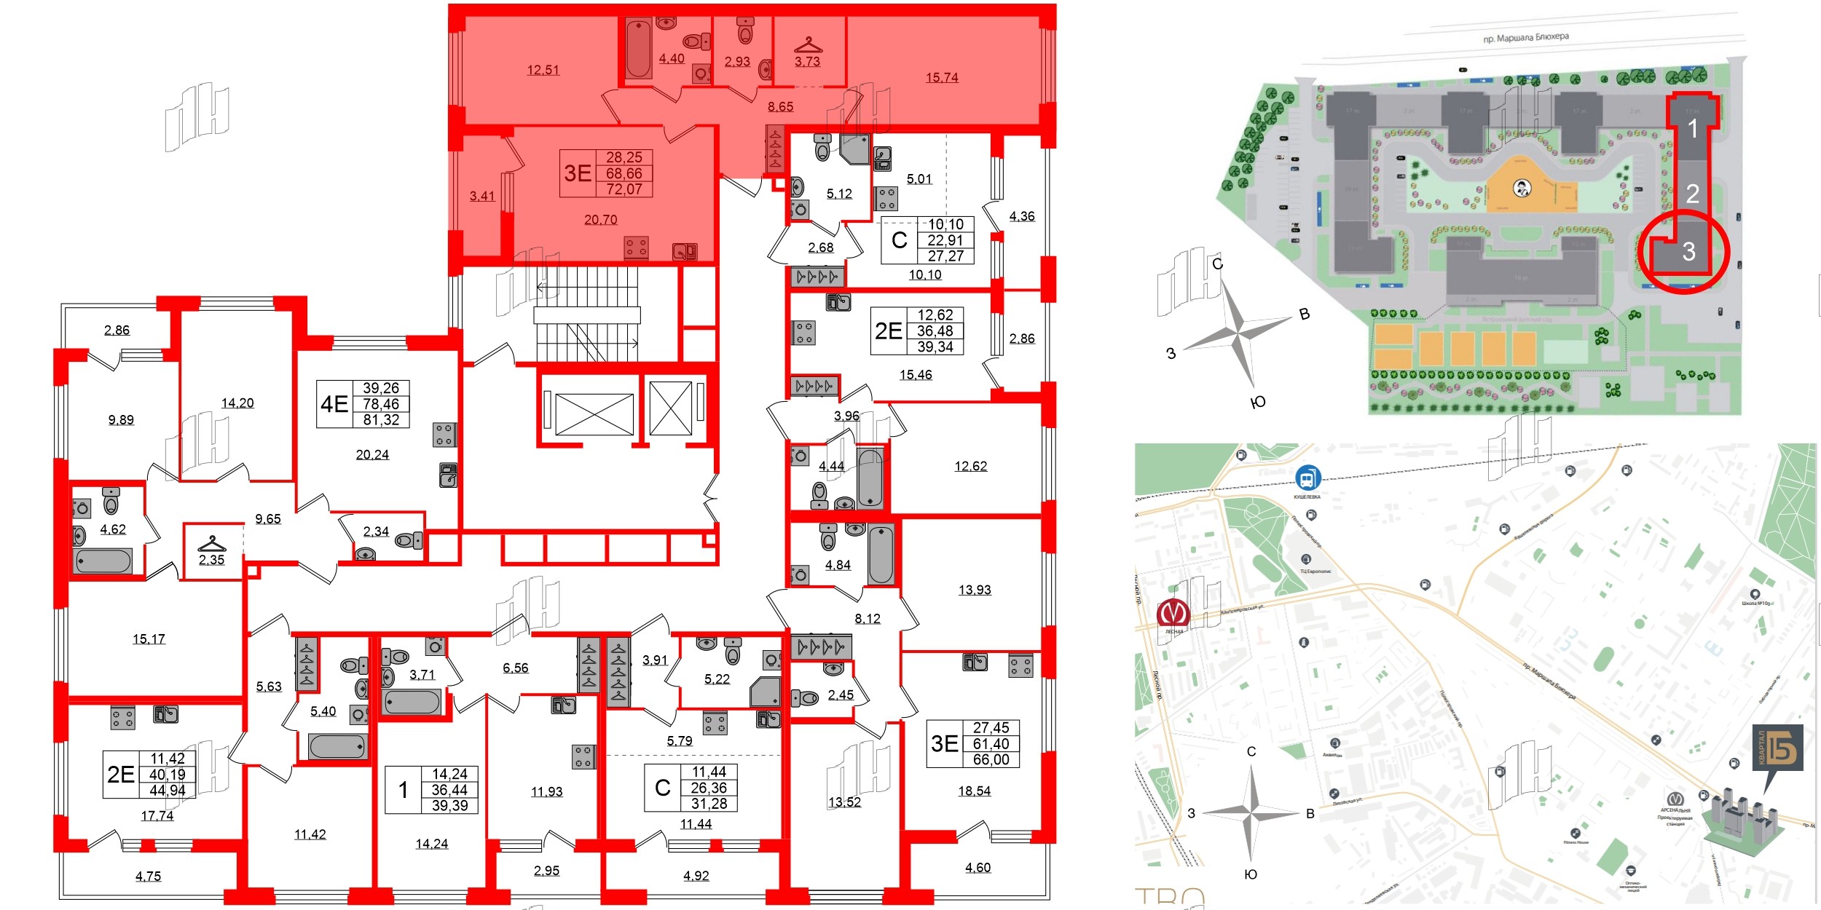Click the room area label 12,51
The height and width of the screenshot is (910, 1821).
[543, 70]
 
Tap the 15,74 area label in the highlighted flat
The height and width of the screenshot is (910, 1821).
[942, 77]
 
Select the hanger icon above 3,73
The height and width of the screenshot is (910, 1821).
[808, 45]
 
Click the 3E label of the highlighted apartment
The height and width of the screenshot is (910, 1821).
[578, 173]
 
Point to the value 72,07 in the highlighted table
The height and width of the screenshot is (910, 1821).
[624, 189]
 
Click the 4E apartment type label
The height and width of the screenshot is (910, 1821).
[334, 404]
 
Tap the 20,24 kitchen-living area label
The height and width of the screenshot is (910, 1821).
[372, 454]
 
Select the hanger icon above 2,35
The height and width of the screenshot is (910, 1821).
[212, 544]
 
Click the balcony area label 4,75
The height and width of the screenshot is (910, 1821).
[149, 876]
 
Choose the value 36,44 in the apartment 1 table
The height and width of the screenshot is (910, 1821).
[449, 790]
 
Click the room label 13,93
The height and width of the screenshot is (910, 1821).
[975, 590]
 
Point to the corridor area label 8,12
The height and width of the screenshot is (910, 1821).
[868, 618]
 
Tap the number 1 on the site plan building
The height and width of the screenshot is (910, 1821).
[1693, 129]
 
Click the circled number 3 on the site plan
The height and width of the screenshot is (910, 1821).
[1688, 252]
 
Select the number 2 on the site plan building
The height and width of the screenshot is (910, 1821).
[1693, 193]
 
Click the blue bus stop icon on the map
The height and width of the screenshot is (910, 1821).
[1307, 479]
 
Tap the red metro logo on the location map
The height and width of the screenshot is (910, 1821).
[1173, 612]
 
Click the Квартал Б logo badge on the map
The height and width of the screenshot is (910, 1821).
[1777, 747]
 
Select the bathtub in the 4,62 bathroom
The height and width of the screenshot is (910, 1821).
[103, 561]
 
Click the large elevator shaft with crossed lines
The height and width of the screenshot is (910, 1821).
[594, 414]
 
